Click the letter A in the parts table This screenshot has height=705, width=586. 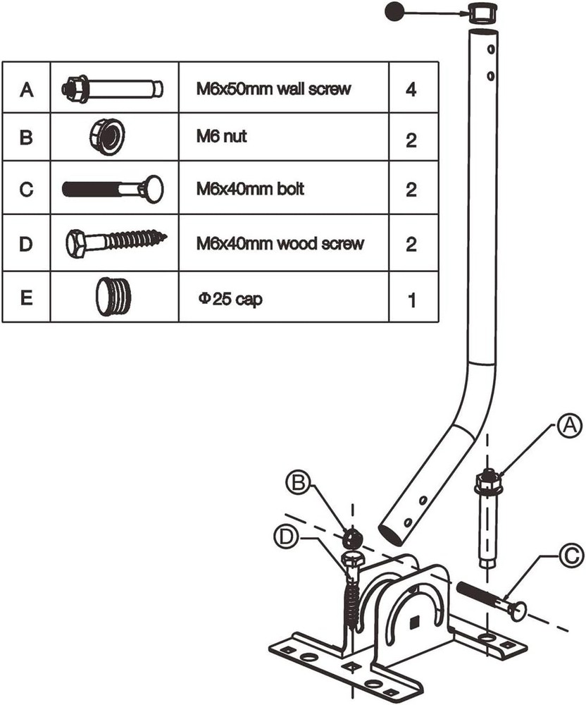[x=27, y=89]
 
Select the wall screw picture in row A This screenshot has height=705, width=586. [x=113, y=89]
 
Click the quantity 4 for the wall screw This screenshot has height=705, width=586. [x=411, y=91]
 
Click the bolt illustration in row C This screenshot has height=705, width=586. [x=113, y=189]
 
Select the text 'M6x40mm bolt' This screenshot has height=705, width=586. [x=251, y=190]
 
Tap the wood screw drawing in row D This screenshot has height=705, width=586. [x=117, y=243]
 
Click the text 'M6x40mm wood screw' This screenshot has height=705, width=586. [x=280, y=244]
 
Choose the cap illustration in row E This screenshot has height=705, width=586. [x=112, y=297]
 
